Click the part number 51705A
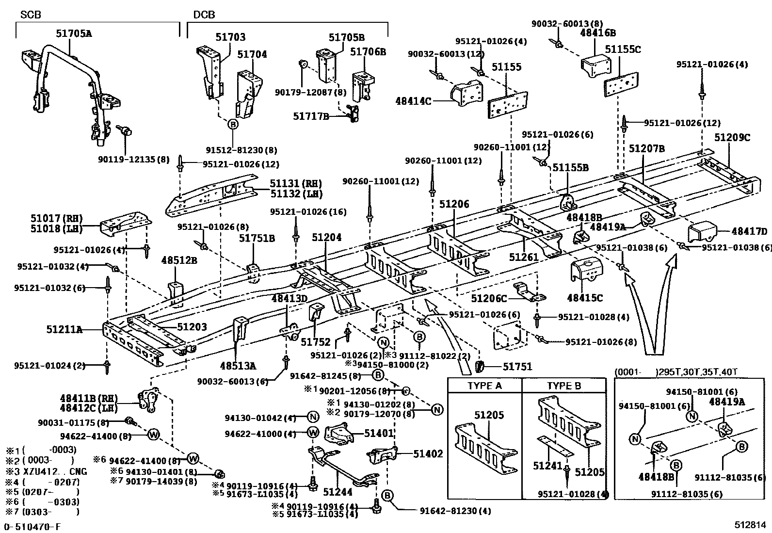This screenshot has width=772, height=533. pyautogui.click(x=74, y=33)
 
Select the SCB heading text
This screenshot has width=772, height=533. pyautogui.click(x=31, y=15)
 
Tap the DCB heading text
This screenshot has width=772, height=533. pyautogui.click(x=204, y=15)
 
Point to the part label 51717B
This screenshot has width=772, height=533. pyautogui.click(x=311, y=116)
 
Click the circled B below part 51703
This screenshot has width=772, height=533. pyautogui.click(x=233, y=124)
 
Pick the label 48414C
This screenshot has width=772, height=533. pyautogui.click(x=413, y=101)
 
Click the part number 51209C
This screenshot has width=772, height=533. pyautogui.click(x=732, y=138)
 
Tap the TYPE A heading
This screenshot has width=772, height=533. pyautogui.click(x=484, y=386)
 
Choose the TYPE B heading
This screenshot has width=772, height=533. pyautogui.click(x=564, y=386)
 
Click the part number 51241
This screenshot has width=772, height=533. pyautogui.click(x=547, y=466)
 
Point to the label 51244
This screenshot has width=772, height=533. pyautogui.click(x=338, y=492)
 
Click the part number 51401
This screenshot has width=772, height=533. pyautogui.click(x=379, y=433)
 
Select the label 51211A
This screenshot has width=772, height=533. pyautogui.click(x=64, y=330)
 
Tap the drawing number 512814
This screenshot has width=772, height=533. pyautogui.click(x=750, y=525)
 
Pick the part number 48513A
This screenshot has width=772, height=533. pyautogui.click(x=238, y=366)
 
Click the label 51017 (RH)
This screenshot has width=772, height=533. pyautogui.click(x=57, y=218)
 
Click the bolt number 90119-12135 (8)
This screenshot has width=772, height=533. pyautogui.click(x=134, y=159)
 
